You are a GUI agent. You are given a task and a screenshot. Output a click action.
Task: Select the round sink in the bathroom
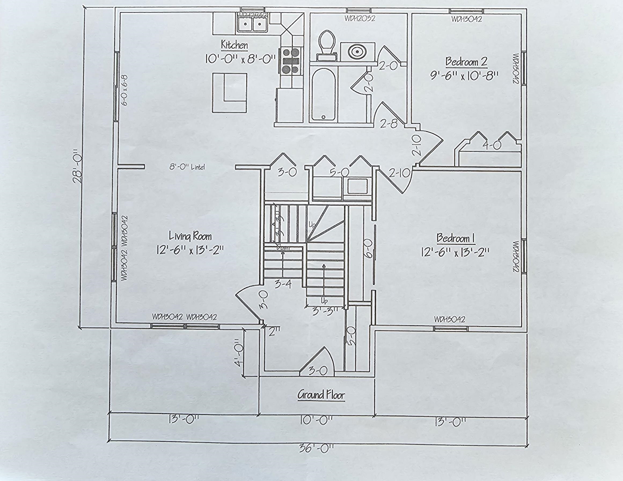point(357,52)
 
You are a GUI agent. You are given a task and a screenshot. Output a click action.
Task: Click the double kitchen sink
point(252,24)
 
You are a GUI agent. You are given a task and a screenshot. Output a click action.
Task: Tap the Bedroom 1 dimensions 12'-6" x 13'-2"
point(455,252)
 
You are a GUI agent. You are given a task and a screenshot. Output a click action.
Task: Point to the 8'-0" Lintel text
point(187,167)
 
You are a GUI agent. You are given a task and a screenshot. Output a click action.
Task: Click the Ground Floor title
point(321,395)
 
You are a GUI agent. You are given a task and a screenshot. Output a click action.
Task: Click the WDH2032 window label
point(360,19)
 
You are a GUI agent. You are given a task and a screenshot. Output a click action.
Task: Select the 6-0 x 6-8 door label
point(125,90)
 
